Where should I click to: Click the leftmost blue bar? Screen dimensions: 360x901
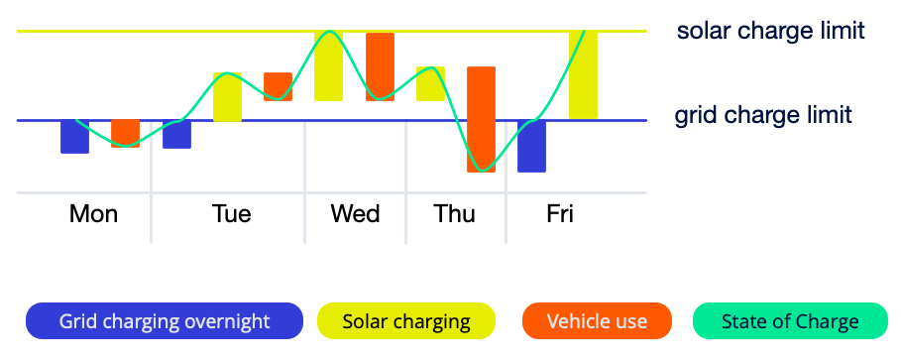[x=74, y=137]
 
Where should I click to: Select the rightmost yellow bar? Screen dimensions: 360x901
[x=583, y=75]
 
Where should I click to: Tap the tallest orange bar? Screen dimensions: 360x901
[x=481, y=119]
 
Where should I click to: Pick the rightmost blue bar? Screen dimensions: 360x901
[x=531, y=146]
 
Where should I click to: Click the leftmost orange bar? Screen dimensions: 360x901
[x=125, y=133]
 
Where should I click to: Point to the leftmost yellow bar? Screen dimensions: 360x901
[x=227, y=97]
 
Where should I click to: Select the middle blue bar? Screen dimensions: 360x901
[x=176, y=134]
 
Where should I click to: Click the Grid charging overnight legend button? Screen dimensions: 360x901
[x=164, y=321]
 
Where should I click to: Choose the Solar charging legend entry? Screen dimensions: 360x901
[x=405, y=321]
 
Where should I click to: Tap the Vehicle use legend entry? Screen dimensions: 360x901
[x=597, y=321]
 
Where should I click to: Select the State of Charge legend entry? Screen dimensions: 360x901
[x=789, y=321]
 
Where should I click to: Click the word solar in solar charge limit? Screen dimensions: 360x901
[x=705, y=31]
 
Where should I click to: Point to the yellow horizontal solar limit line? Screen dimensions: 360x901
[x=198, y=32]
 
